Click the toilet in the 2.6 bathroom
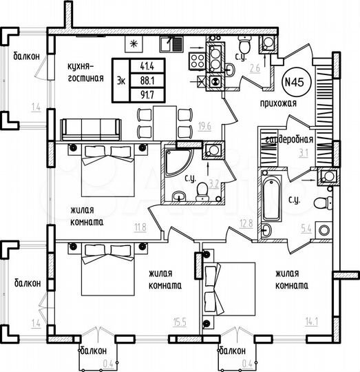(x=268, y=43)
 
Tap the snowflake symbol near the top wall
(x=134, y=43)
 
